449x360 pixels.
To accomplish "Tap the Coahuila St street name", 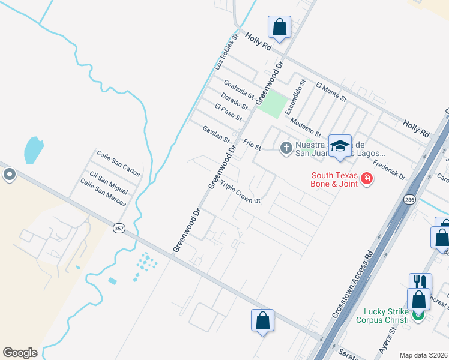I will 240,90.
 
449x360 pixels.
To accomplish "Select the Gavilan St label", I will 216,134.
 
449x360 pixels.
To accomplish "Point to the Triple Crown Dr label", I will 240,193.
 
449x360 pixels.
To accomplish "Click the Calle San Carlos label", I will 118,163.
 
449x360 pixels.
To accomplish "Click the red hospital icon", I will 366,178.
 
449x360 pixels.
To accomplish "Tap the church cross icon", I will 286,146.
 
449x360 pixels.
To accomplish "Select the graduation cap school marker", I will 339,146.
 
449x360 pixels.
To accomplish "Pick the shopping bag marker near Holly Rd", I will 279,26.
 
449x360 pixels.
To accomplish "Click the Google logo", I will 20,353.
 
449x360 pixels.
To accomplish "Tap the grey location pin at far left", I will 10,175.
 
